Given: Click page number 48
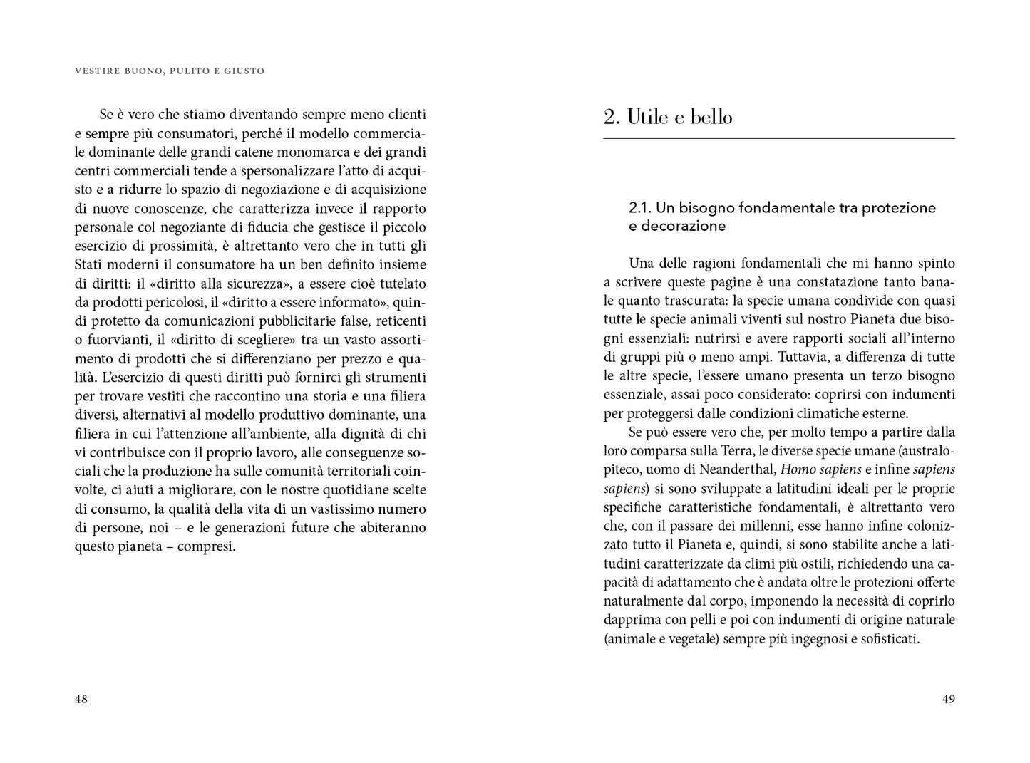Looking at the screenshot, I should pos(81,699).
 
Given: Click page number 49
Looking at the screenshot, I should pos(948,699).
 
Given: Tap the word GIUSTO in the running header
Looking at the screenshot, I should pos(243,71).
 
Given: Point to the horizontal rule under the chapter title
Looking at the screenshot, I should pos(778,138).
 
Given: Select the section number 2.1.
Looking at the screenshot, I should pos(640,208).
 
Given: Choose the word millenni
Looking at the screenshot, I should pos(760,526).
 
